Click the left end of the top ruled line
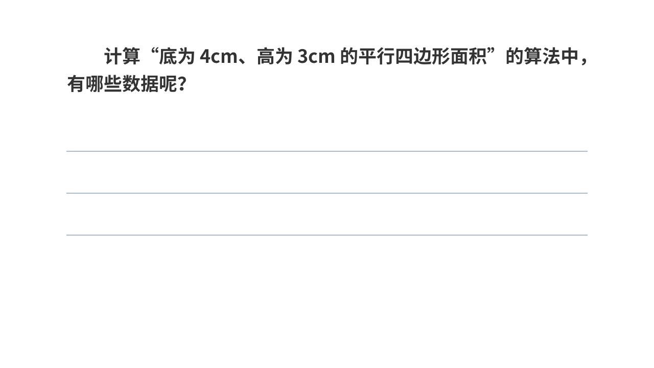(66, 151)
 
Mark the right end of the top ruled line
(588, 151)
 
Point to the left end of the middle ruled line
(66, 193)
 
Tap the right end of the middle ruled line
(588, 193)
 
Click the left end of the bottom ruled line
(66, 235)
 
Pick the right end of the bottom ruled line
(588, 235)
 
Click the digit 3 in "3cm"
(303, 56)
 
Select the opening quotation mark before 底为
(154, 52)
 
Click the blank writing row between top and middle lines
(327, 172)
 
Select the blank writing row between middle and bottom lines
(327, 214)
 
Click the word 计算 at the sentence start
(122, 56)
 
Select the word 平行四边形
(404, 56)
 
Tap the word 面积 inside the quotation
(469, 56)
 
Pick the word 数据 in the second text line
(141, 84)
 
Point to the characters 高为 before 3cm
(275, 56)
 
